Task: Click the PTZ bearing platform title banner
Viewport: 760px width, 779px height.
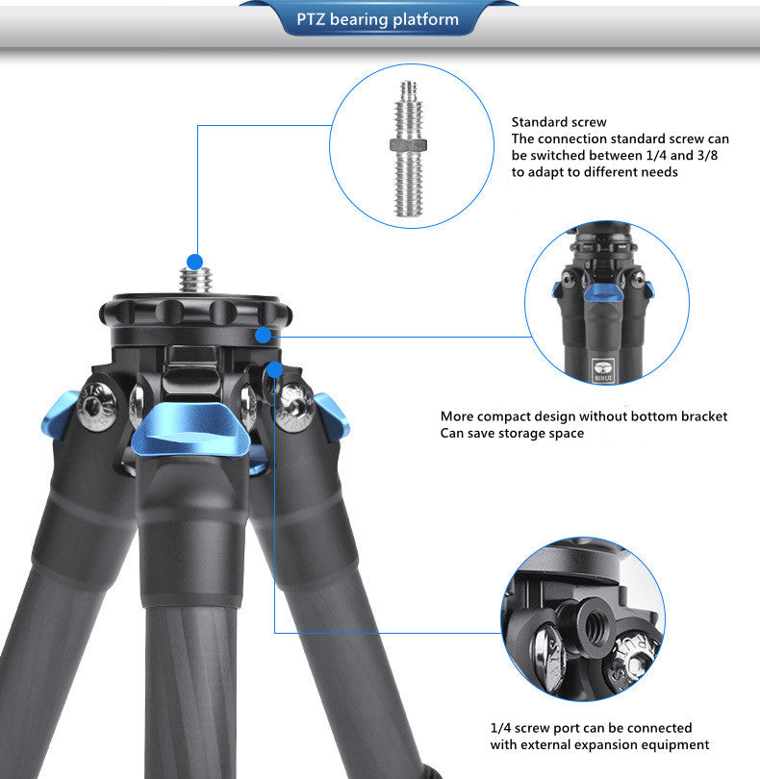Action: coord(378,18)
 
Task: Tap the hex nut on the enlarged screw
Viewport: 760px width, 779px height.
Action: coord(409,145)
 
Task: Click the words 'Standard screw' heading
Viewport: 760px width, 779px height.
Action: coord(559,122)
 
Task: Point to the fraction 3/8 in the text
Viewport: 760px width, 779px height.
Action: coord(707,156)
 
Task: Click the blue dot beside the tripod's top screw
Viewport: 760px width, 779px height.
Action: coord(195,262)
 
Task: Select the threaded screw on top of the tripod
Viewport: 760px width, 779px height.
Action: coord(196,281)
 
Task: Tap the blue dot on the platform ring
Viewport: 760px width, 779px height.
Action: coord(264,336)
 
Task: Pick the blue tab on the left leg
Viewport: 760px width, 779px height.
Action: coord(59,415)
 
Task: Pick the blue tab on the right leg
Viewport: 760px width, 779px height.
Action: coord(332,416)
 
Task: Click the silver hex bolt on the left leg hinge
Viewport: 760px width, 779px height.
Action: coord(96,407)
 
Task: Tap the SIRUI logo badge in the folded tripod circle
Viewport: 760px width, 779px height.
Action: coord(604,370)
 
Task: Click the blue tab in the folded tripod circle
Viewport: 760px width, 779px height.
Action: coord(603,292)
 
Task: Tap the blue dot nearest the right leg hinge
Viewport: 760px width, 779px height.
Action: coord(275,370)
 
